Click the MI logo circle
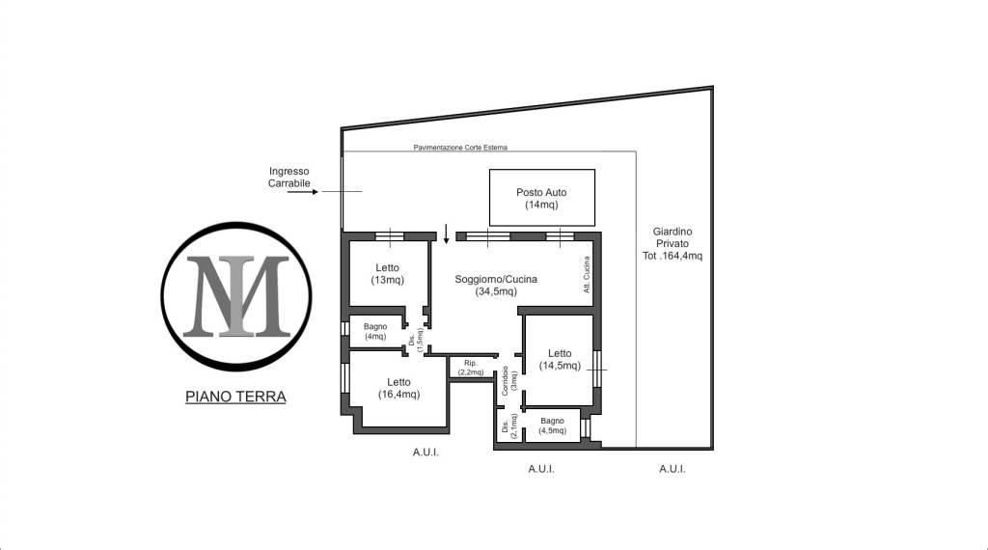coord(236,222)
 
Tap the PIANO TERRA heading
coord(235,397)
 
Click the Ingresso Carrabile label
coord(289,177)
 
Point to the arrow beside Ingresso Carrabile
coord(303,191)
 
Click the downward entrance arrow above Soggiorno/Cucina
coord(446,234)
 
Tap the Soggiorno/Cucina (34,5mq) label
coord(496,285)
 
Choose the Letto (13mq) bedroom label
coord(388,274)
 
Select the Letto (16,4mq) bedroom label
coord(398,388)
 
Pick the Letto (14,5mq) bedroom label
coord(560,360)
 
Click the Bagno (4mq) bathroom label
coord(375,331)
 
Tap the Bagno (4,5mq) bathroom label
coord(552,426)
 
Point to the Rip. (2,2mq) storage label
coord(471,368)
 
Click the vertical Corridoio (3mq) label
coord(509,380)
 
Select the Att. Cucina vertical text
coord(587,274)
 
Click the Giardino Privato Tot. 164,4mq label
coord(672,244)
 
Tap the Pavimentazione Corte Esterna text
coord(460,148)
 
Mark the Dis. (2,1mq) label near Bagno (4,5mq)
coord(509,426)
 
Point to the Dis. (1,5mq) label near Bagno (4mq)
coord(416,340)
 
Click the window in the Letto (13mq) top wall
coord(390,236)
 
